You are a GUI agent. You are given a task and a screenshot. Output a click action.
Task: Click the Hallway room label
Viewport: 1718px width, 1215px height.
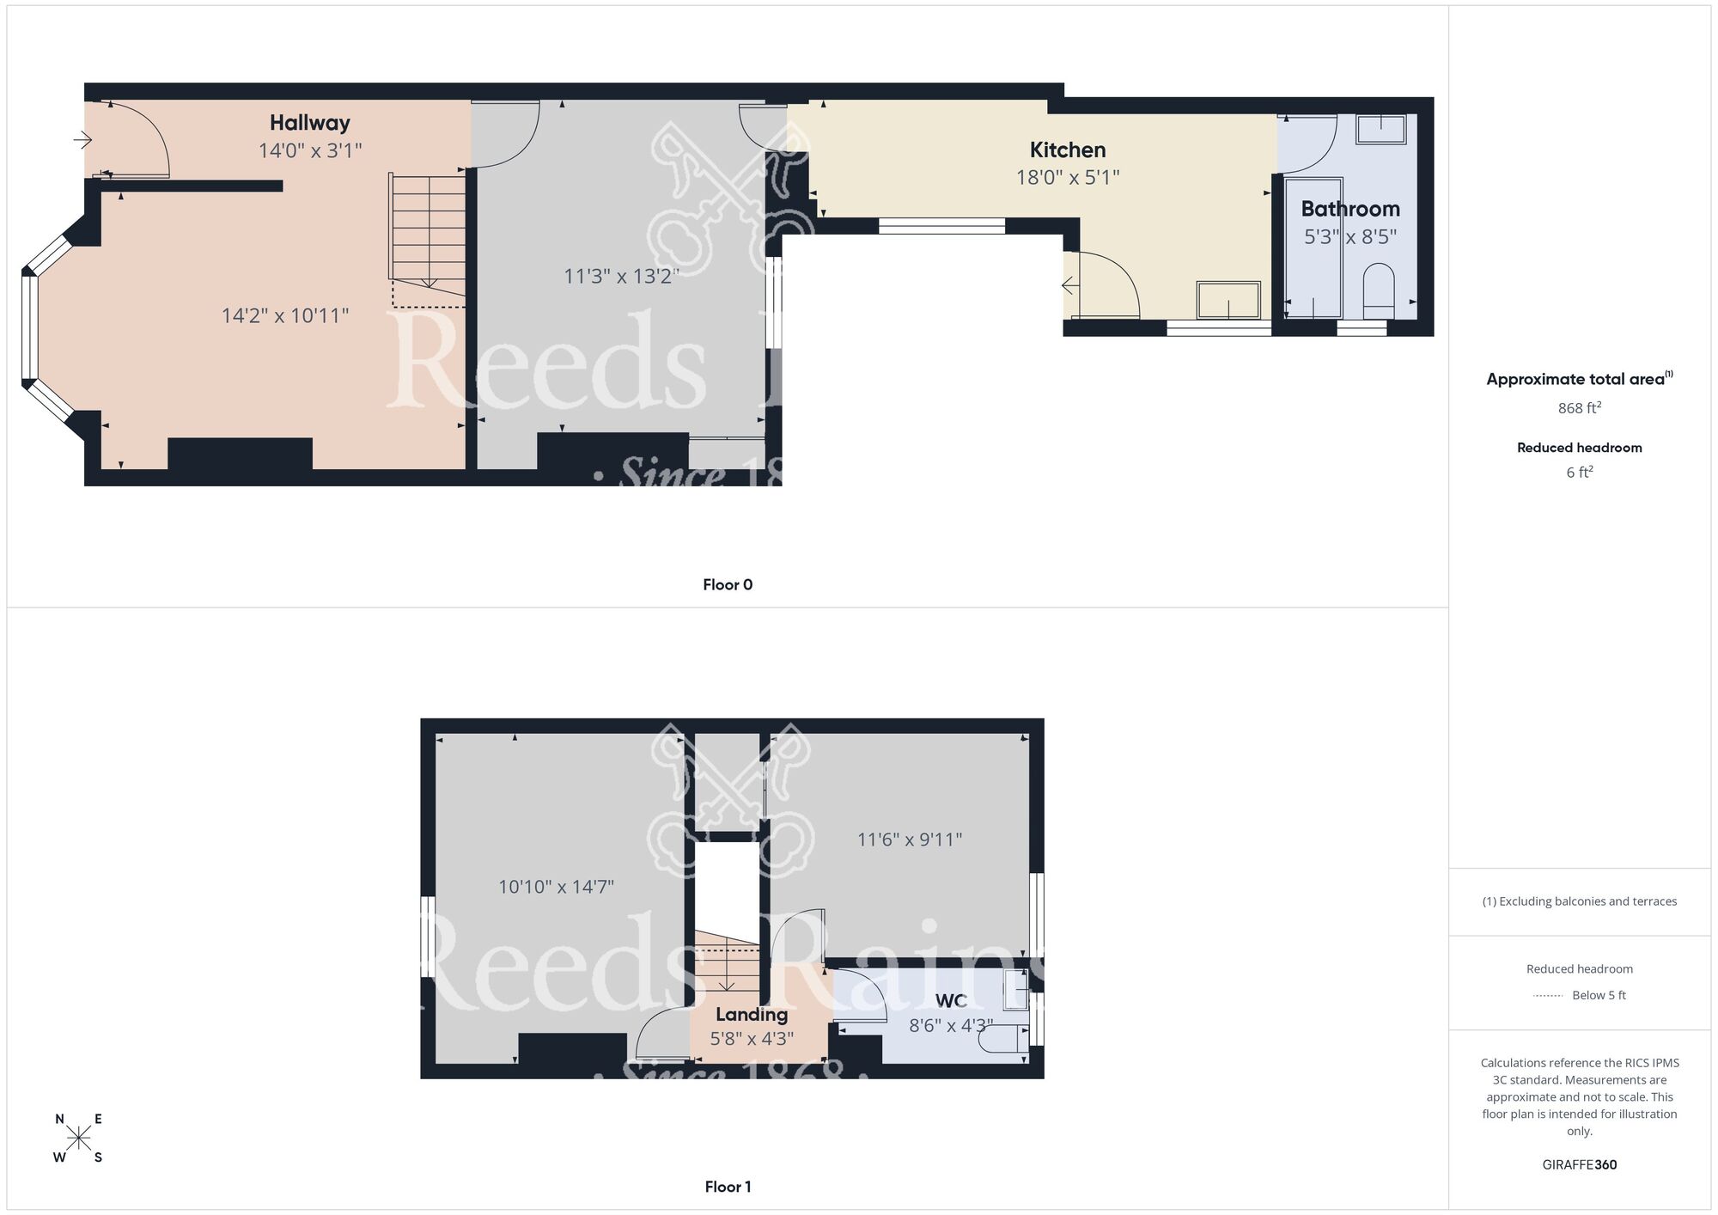(x=309, y=123)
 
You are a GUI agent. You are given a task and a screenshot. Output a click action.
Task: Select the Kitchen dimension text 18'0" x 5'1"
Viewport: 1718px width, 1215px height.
(x=1067, y=178)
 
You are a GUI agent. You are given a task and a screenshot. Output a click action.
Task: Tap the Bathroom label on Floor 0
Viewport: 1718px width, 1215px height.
(x=1349, y=209)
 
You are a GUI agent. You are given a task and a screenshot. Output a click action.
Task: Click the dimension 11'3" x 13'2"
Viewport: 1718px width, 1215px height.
(x=620, y=277)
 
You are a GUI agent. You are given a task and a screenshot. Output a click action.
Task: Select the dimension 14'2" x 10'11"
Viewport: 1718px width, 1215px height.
(x=284, y=315)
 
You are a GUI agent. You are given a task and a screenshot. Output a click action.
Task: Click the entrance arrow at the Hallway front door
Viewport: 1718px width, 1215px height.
(x=82, y=139)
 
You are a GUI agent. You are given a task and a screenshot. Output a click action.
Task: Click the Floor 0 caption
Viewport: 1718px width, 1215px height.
(x=727, y=585)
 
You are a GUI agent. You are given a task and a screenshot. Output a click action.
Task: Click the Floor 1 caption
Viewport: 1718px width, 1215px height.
(x=727, y=1187)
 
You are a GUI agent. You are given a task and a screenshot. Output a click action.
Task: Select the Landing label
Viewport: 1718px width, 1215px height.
(x=751, y=1015)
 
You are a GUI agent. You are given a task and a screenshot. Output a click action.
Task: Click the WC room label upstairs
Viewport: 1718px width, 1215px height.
(x=950, y=1001)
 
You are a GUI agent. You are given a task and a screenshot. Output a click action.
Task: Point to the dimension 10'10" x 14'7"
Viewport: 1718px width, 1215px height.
(x=556, y=887)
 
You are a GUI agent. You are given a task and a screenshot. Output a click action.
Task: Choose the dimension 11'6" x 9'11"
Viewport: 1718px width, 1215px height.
(x=909, y=840)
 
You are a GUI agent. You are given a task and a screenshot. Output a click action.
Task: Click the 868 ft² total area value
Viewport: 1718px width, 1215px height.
(x=1579, y=408)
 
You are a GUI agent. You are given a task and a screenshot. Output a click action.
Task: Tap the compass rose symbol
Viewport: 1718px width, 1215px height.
(x=79, y=1139)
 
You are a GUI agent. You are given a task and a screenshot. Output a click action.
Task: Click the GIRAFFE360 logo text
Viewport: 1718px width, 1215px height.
(x=1579, y=1165)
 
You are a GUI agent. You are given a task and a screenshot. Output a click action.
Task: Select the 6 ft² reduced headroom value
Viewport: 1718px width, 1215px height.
(x=1579, y=473)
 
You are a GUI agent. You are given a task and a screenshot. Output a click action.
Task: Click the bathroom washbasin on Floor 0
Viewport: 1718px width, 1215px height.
(x=1380, y=130)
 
